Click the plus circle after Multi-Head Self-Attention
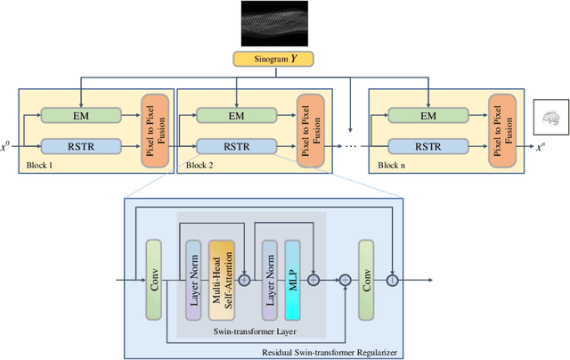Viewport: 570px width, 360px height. (x=244, y=279)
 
